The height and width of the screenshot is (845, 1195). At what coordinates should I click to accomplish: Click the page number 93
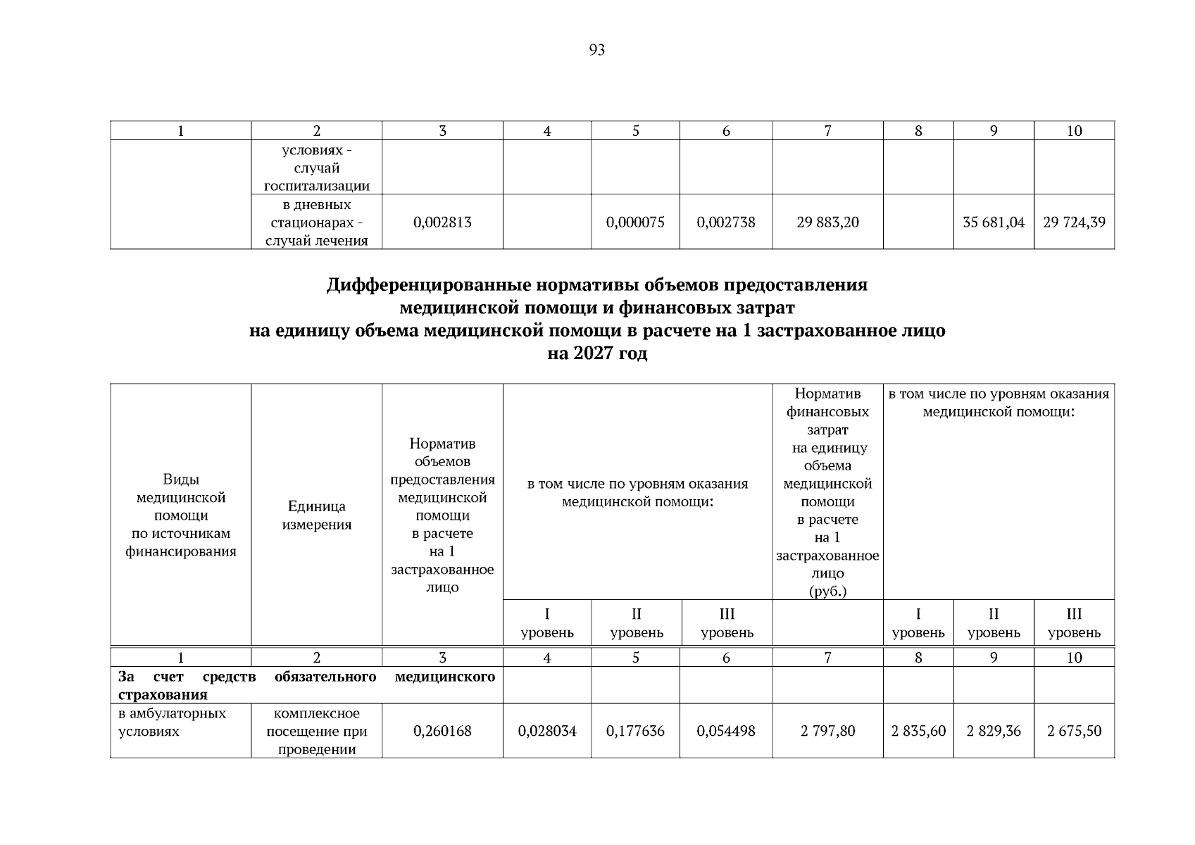point(596,50)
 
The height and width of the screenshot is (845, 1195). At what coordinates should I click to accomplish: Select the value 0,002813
point(442,223)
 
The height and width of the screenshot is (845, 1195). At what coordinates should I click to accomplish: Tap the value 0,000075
point(635,223)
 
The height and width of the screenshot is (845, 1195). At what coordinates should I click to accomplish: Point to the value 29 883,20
point(827,223)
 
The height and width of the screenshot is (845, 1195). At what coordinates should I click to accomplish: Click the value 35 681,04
point(994,223)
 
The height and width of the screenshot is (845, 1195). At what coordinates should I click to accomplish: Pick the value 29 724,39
point(1074,223)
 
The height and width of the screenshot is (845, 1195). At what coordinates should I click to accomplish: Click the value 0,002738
point(726,223)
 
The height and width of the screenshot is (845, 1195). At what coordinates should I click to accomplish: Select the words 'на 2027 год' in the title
point(597,353)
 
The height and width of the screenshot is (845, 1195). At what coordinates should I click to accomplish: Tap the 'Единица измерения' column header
point(317,515)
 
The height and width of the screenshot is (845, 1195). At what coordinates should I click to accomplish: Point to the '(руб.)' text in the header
point(827,591)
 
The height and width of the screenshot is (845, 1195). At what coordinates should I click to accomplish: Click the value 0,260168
point(442,731)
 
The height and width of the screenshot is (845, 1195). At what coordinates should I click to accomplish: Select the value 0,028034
point(547,731)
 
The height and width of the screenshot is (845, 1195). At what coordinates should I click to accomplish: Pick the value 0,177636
point(635,731)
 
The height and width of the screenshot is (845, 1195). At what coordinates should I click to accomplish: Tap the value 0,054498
point(726,731)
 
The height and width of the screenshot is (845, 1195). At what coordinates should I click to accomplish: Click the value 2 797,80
point(827,731)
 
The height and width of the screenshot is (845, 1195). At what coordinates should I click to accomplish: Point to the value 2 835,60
point(918,731)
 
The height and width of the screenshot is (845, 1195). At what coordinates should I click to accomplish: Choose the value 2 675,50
point(1074,731)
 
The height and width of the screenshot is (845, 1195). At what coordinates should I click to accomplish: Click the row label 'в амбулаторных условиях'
point(172,722)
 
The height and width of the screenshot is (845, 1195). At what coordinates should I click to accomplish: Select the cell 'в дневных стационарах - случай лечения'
point(317,223)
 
